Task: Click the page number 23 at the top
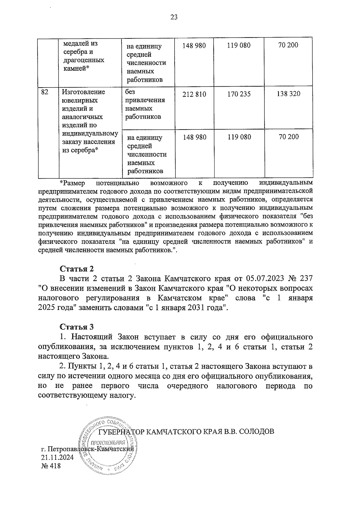(x=174, y=17)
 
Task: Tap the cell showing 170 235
(x=239, y=94)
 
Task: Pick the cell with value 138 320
(x=288, y=94)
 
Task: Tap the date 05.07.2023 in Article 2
(x=264, y=278)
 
